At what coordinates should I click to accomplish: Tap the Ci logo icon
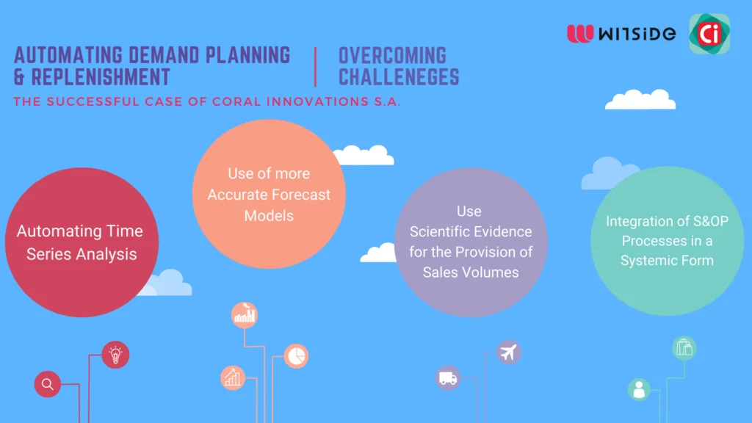709,33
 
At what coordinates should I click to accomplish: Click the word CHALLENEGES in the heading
399,76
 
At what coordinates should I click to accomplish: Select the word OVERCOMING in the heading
392,55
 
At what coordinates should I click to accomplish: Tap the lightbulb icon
115,355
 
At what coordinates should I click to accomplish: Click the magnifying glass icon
48,384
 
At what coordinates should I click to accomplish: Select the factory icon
245,315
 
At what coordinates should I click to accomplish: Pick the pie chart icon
296,356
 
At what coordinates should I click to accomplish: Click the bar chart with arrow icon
233,377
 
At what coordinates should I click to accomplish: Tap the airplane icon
507,352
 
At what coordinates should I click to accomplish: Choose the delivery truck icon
447,378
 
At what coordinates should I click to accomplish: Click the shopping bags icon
684,348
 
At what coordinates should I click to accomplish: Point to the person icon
639,390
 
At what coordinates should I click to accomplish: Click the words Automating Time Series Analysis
81,242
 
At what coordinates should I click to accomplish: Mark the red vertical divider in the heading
315,66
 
